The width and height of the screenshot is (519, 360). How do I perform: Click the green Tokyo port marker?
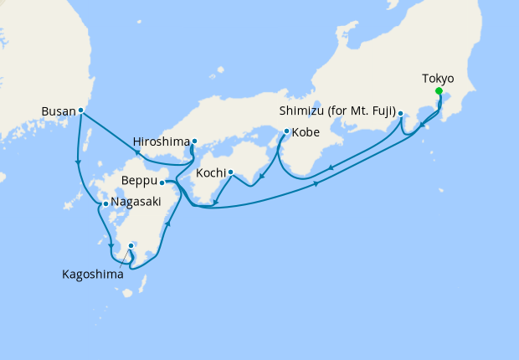click(x=439, y=92)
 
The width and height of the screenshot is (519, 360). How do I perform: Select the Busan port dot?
click(x=80, y=110)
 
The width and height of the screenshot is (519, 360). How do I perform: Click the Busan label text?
click(x=58, y=110)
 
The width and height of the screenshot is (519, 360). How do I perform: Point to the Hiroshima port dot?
click(x=194, y=141)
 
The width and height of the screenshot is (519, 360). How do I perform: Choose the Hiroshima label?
click(x=161, y=141)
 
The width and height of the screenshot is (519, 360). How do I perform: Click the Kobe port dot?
click(x=287, y=131)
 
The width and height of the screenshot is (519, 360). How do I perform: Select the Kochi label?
click(x=210, y=173)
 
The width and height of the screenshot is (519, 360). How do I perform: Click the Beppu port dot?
click(x=162, y=182)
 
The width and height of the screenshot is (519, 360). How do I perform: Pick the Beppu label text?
click(x=139, y=181)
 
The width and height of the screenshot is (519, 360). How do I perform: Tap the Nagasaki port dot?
click(x=105, y=203)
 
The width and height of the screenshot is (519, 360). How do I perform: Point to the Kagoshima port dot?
click(x=131, y=245)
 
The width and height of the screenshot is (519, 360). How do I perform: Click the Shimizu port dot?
click(x=400, y=113)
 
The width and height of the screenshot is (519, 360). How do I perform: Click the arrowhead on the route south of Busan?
click(x=78, y=163)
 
